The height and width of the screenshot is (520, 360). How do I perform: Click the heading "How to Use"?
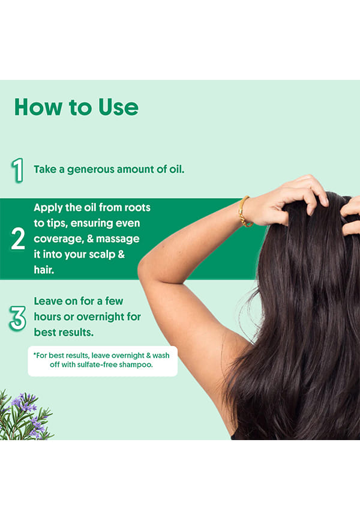pyautogui.click(x=76, y=107)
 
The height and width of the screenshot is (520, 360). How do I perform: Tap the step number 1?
pyautogui.click(x=17, y=170)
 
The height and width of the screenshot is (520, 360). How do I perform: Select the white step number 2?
pyautogui.click(x=18, y=239)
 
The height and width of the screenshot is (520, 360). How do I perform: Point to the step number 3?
pyautogui.click(x=18, y=318)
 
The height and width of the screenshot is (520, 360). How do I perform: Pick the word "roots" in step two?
pyautogui.click(x=137, y=208)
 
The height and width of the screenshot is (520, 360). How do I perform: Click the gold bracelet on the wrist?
pyautogui.click(x=245, y=212)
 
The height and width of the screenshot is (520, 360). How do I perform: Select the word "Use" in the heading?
pyautogui.click(x=118, y=107)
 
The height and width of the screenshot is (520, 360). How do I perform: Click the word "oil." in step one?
pyautogui.click(x=176, y=169)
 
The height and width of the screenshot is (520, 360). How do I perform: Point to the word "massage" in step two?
pyautogui.click(x=118, y=239)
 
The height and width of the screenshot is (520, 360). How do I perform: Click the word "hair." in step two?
pyautogui.click(x=44, y=270)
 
